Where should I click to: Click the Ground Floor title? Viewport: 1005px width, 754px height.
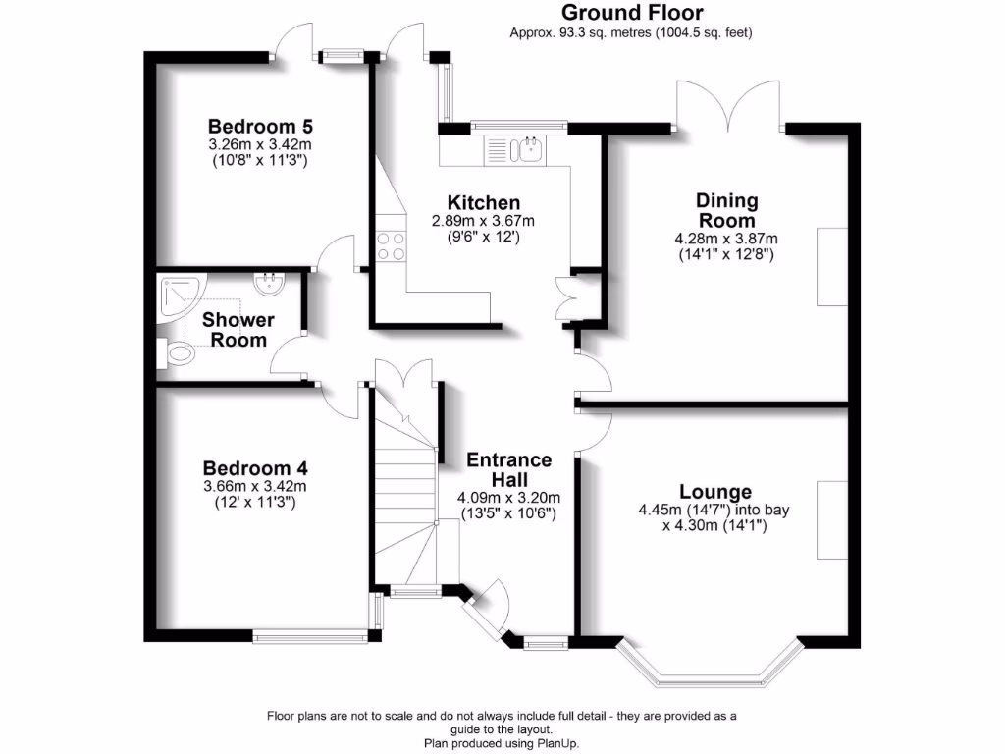pos(632,13)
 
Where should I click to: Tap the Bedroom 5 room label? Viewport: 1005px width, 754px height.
pos(260,127)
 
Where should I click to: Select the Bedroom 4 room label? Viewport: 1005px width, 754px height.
pos(254,468)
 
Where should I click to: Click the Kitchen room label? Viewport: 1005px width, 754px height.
pos(484,203)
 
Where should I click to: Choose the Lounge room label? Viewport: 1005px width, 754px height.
pos(715,492)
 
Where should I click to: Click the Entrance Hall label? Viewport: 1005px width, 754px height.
pos(508,469)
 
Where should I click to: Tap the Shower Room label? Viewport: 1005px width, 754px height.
pos(238,330)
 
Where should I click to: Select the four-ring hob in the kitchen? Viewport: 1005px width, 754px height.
pos(391,245)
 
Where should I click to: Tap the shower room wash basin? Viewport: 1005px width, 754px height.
pos(268,285)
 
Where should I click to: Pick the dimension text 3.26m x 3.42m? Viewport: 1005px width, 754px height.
pos(260,144)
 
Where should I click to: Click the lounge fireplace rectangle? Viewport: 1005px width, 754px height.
pos(832,520)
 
